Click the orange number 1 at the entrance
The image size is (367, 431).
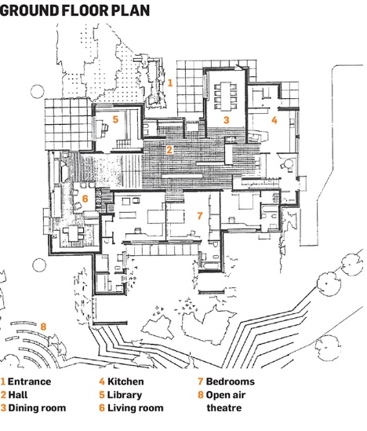tap(170, 82)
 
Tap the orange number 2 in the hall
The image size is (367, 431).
tap(169, 150)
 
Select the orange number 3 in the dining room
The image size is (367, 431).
tap(226, 120)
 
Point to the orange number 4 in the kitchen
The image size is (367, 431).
tap(274, 120)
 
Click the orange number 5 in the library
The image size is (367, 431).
tap(115, 119)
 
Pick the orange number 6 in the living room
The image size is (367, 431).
tap(85, 199)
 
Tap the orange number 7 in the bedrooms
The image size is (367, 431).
tap(200, 216)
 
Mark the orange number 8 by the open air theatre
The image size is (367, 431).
tap(43, 327)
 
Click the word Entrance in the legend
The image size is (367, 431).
tap(29, 382)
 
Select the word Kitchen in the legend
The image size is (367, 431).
tap(125, 382)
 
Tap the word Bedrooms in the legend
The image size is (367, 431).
tap(231, 382)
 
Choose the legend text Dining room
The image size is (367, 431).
tap(37, 408)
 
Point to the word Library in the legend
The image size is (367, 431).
tap(125, 395)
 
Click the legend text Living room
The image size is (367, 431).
tap(136, 408)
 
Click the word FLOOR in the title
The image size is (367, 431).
tap(85, 10)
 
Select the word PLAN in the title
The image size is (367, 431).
tap(131, 10)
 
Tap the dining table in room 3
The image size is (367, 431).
tap(226, 95)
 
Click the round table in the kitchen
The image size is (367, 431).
tap(288, 164)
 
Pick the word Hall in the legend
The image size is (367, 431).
tap(18, 395)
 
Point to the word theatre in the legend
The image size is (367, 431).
tap(224, 408)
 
